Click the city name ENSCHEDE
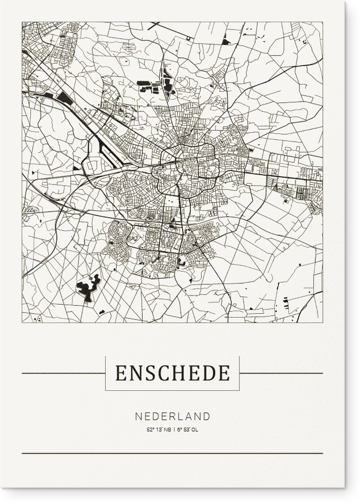172,373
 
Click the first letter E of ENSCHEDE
121,373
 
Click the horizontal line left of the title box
63,373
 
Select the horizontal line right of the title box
281,373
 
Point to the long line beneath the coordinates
172,453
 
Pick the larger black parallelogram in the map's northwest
65,99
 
